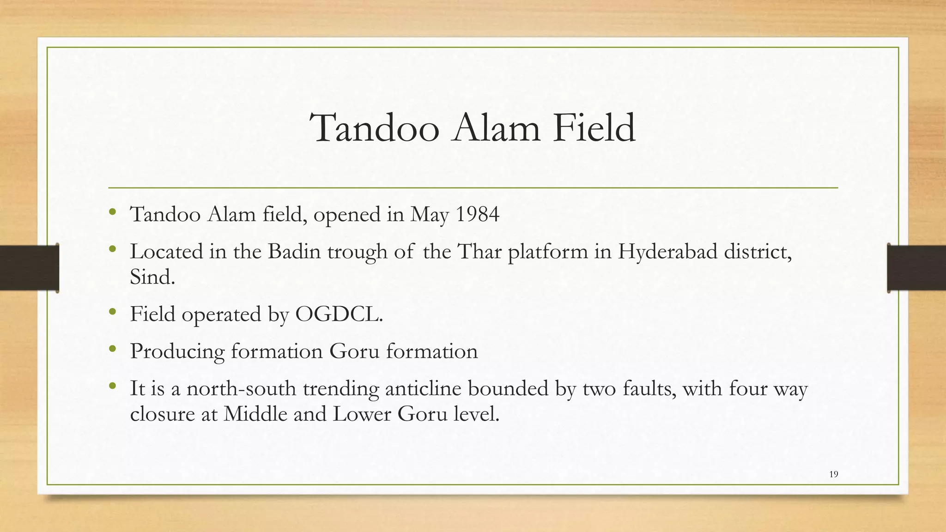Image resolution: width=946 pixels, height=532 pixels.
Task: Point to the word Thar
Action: tap(479, 252)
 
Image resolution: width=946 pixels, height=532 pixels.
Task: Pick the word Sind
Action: tap(152, 277)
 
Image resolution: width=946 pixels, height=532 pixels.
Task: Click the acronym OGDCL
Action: tap(339, 314)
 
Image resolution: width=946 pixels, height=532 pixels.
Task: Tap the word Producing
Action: tap(177, 352)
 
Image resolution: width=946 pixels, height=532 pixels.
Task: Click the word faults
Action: tap(649, 388)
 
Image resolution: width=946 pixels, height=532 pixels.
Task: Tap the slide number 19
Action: tap(833, 474)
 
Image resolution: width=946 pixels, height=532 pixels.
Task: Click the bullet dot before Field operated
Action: tap(112, 312)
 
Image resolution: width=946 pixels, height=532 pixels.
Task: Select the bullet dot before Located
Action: tap(112, 250)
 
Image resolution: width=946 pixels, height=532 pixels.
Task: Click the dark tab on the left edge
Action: tap(29, 268)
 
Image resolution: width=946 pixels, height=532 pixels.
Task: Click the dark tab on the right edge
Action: tap(916, 268)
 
